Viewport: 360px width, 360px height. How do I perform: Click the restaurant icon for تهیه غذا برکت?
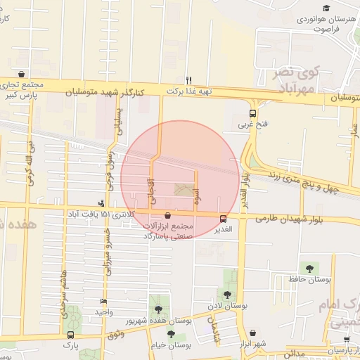188,80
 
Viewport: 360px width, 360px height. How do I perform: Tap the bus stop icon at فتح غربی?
252,112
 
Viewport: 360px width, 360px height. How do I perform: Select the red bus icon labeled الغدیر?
224,218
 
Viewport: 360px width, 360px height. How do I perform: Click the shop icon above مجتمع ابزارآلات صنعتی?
167,215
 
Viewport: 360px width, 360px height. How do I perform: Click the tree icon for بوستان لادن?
227,295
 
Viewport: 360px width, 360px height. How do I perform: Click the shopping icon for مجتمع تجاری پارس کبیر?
21,74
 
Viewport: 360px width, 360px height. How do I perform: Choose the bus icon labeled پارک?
70,335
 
